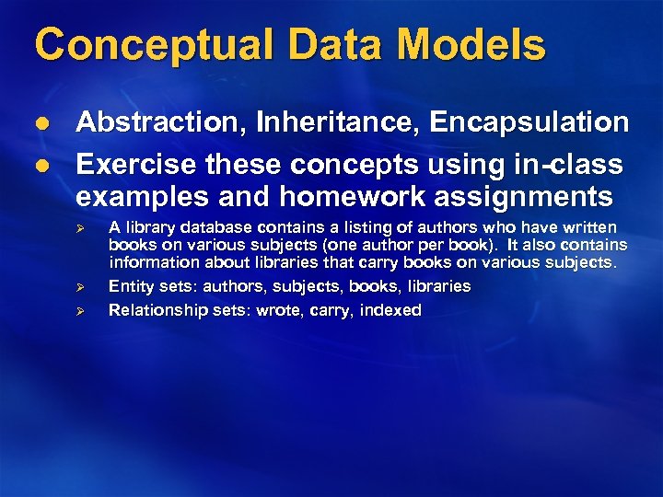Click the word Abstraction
[x=157, y=122]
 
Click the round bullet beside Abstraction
[x=42, y=123]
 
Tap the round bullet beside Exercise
[x=42, y=166]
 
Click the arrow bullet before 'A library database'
[x=80, y=227]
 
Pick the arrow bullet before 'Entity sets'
[x=80, y=287]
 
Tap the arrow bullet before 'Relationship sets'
[x=80, y=311]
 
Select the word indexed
[x=390, y=310]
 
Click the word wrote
[x=280, y=310]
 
